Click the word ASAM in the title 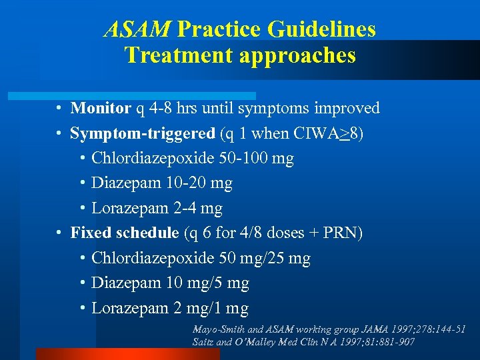[x=137, y=30]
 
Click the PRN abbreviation [x=340, y=233]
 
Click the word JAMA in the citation [x=370, y=329]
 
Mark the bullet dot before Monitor [x=59, y=108]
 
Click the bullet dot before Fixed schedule [x=59, y=233]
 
